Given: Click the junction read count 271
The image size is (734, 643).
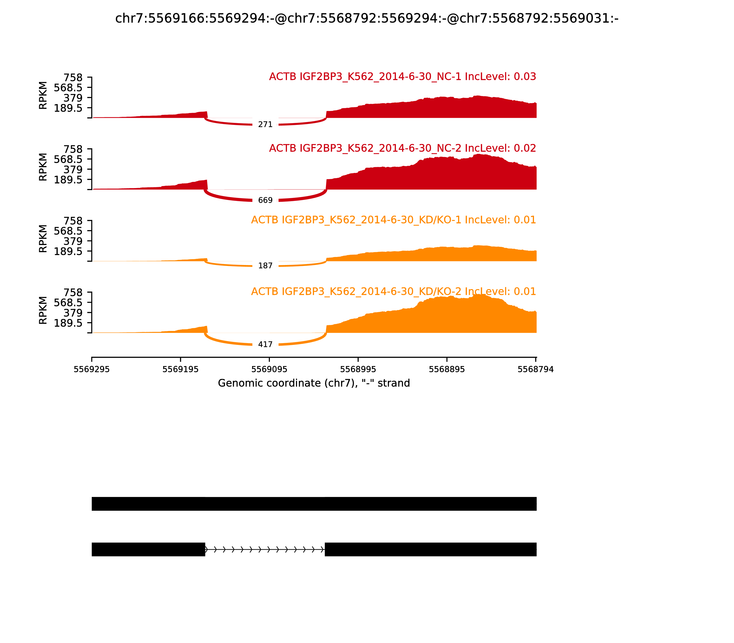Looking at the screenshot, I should point(265,124).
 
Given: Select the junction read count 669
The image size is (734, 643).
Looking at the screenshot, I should point(265,200).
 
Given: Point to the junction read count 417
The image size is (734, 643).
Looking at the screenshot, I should point(265,344).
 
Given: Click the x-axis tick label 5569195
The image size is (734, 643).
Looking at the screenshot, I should point(180,369).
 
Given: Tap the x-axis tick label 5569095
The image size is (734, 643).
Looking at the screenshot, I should point(269,369).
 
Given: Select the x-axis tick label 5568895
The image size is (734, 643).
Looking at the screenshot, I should point(447,369).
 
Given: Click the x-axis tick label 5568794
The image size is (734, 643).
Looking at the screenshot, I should point(535,369).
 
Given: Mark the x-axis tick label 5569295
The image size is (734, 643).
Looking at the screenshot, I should point(92,369).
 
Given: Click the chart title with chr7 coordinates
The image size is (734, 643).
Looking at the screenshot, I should point(367,18).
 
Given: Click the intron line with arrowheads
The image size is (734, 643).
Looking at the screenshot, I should point(265,549).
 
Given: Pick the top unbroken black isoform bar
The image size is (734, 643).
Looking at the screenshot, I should point(314,504).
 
